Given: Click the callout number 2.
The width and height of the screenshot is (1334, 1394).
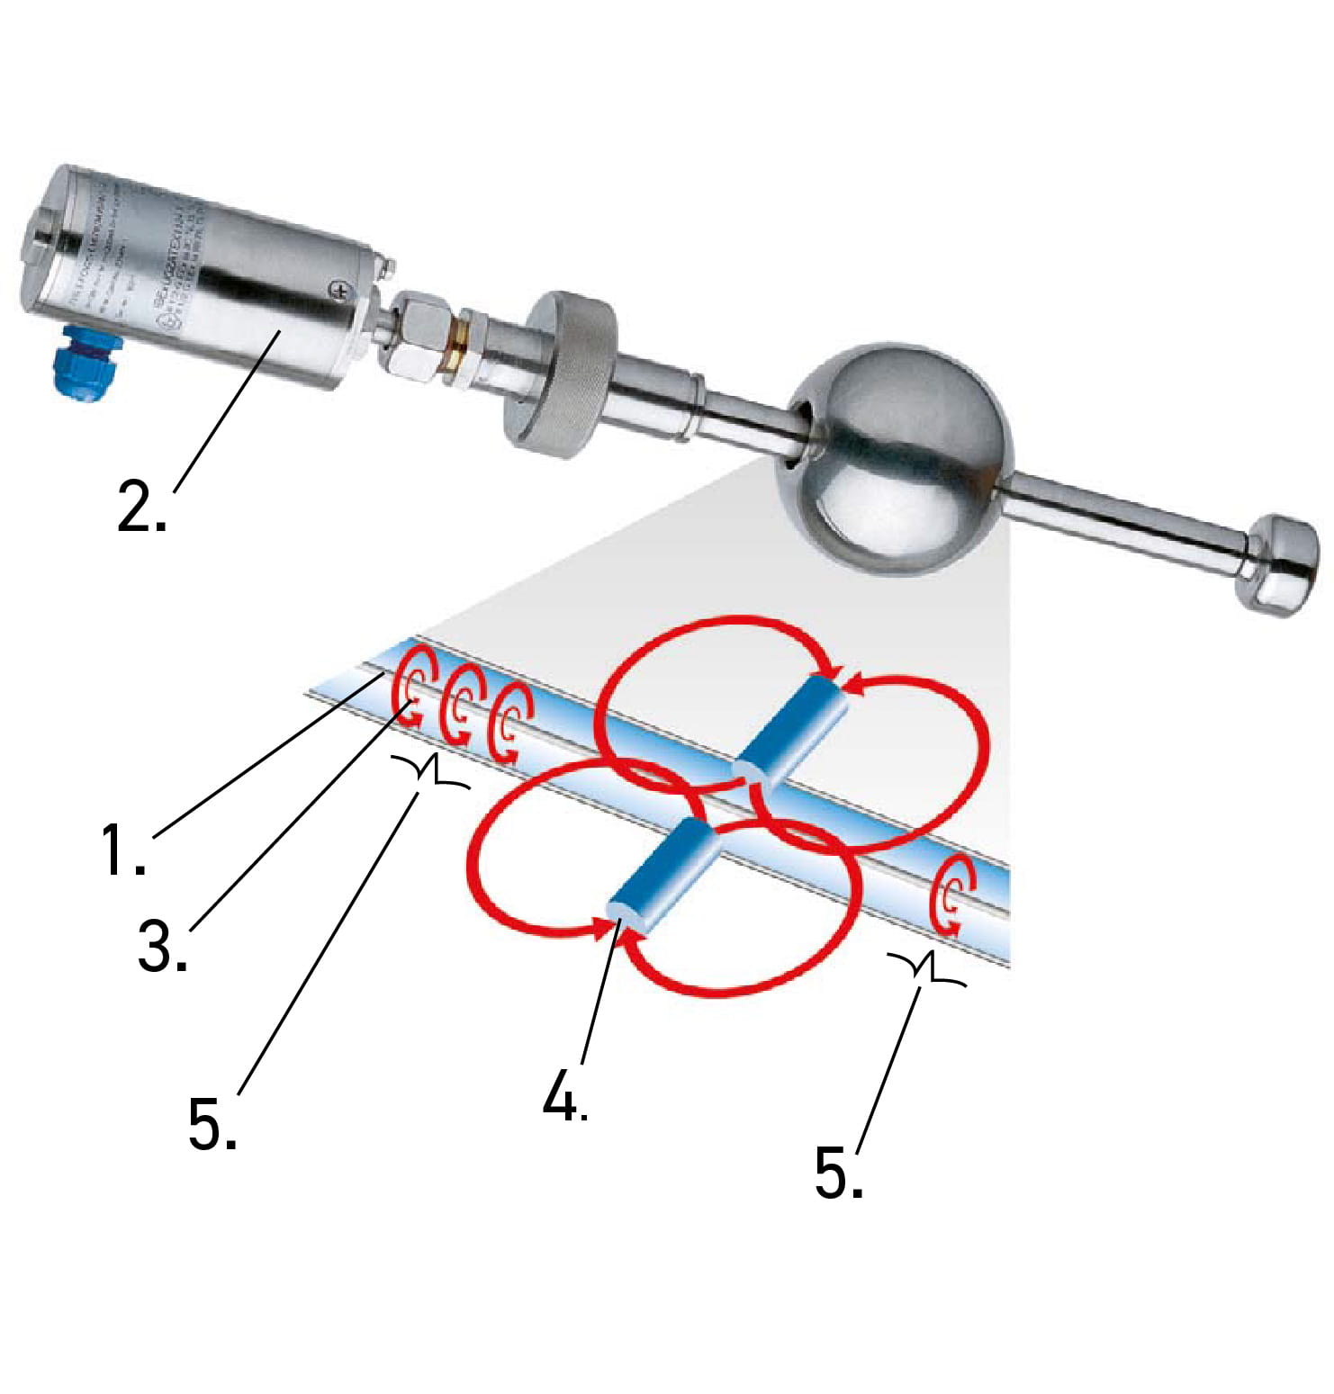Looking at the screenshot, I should tap(141, 506).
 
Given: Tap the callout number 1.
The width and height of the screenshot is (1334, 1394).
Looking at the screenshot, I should tap(122, 850).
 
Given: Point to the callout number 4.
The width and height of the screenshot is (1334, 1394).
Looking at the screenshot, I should tap(564, 1096).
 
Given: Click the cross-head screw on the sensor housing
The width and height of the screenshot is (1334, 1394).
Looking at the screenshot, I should tap(339, 290).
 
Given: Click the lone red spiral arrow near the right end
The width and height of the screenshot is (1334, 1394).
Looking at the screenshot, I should tap(952, 895).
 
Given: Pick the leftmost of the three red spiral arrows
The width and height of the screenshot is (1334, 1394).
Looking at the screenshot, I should tap(414, 687).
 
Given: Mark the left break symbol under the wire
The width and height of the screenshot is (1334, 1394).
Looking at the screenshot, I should tap(431, 771).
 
